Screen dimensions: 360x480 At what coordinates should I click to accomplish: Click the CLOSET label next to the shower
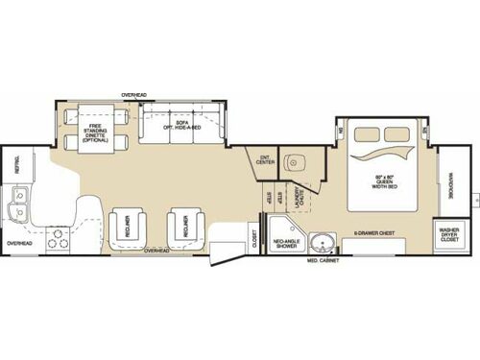[254, 236]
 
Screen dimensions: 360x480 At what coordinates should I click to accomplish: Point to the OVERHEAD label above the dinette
[134, 94]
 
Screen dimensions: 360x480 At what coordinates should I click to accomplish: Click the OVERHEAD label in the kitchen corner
[19, 243]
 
